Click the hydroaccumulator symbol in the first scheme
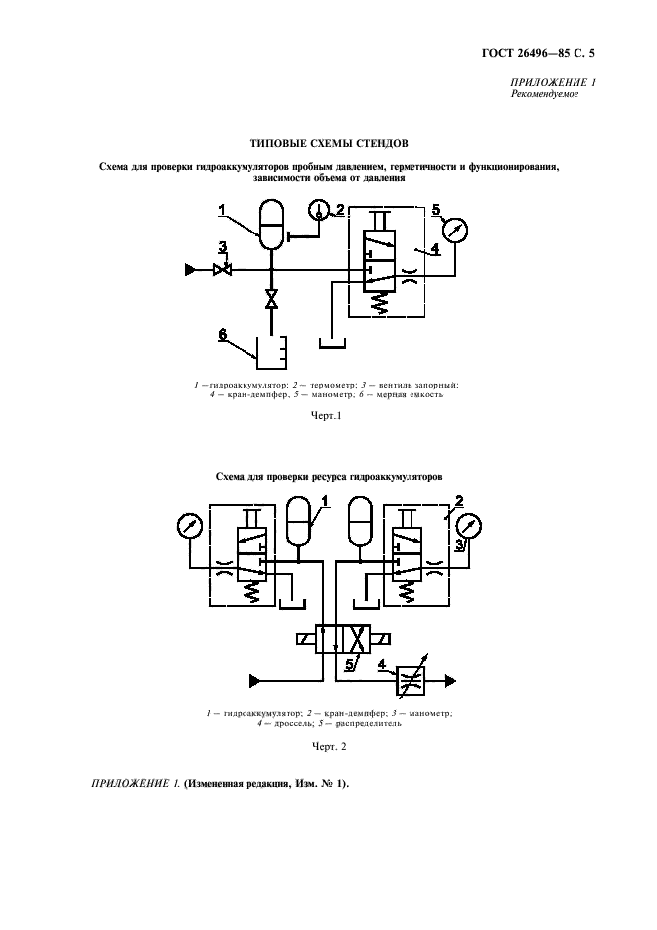pyautogui.click(x=271, y=225)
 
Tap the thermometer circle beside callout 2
pyautogui.click(x=319, y=210)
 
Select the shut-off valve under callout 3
pyautogui.click(x=222, y=270)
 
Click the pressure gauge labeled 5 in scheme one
pyautogui.click(x=455, y=231)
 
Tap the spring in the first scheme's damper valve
pyautogui.click(x=379, y=304)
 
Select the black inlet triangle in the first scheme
pyautogui.click(x=190, y=270)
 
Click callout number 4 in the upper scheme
pyautogui.click(x=435, y=249)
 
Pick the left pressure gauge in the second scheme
pyautogui.click(x=190, y=526)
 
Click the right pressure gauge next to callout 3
pyautogui.click(x=469, y=526)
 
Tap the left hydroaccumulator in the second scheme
pyautogui.click(x=298, y=521)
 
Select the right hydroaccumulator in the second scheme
pyautogui.click(x=361, y=521)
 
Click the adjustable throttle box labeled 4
pyautogui.click(x=410, y=680)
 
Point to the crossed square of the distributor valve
pyautogui.click(x=357, y=639)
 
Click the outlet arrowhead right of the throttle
pyautogui.click(x=450, y=680)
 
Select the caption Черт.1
pyautogui.click(x=326, y=415)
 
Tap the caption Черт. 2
pyautogui.click(x=329, y=746)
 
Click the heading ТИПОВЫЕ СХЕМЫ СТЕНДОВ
pyautogui.click(x=329, y=143)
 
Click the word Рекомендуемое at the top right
pyautogui.click(x=545, y=94)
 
